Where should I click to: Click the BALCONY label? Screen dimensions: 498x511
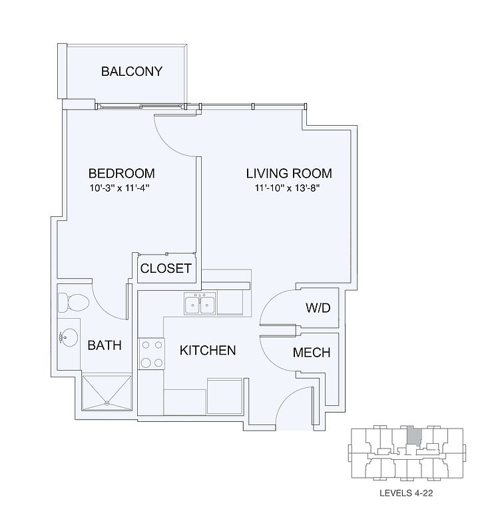pyautogui.click(x=132, y=71)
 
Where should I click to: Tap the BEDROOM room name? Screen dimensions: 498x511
pyautogui.click(x=122, y=174)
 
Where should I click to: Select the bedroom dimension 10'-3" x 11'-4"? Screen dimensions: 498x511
pyautogui.click(x=119, y=188)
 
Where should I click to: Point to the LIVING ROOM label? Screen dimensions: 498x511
pyautogui.click(x=289, y=174)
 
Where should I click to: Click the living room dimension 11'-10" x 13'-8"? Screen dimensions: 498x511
pyautogui.click(x=287, y=188)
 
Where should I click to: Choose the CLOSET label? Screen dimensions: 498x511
pyautogui.click(x=166, y=269)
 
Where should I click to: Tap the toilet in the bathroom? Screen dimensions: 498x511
pyautogui.click(x=73, y=302)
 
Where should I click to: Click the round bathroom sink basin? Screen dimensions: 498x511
pyautogui.click(x=69, y=337)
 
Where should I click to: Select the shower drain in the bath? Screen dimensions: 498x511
pyautogui.click(x=107, y=403)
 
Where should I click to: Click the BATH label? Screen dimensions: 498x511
pyautogui.click(x=105, y=345)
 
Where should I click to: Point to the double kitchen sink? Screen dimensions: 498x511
pyautogui.click(x=200, y=303)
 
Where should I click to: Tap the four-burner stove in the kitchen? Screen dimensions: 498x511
pyautogui.click(x=151, y=354)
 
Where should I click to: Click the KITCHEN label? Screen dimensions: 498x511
pyautogui.click(x=208, y=351)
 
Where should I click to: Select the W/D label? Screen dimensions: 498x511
pyautogui.click(x=318, y=307)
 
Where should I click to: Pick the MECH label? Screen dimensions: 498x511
pyautogui.click(x=312, y=352)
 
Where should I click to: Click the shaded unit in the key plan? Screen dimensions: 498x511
pyautogui.click(x=413, y=436)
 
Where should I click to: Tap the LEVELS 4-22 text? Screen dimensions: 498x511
pyautogui.click(x=406, y=493)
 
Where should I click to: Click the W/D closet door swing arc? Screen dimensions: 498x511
pyautogui.click(x=271, y=301)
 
